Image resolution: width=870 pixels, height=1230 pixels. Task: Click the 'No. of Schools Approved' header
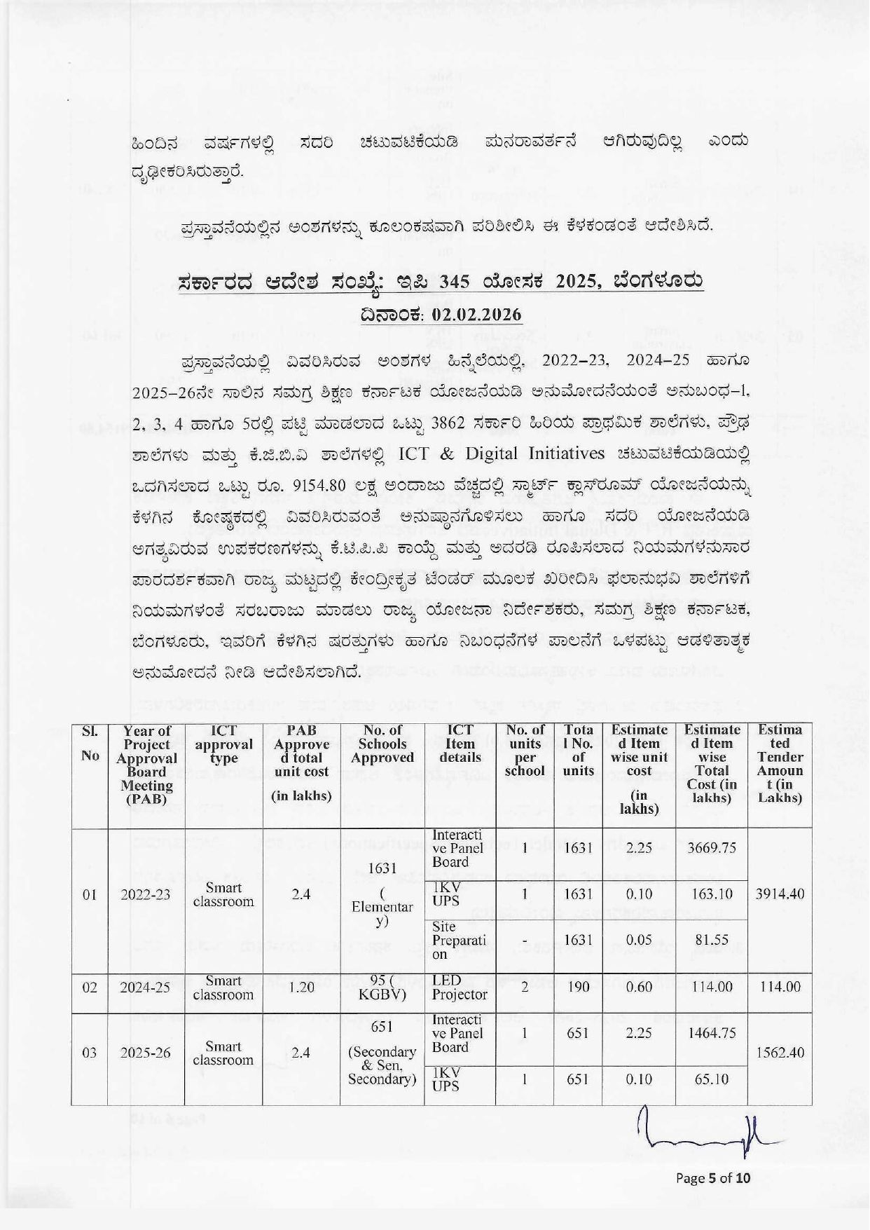pos(382,744)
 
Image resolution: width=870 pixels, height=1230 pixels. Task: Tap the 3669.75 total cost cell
pos(712,848)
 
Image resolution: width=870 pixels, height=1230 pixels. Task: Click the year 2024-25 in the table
pos(146,987)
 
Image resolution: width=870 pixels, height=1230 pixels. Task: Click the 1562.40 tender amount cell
pos(780,1053)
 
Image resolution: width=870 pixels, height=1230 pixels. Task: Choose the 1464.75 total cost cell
pos(712,1034)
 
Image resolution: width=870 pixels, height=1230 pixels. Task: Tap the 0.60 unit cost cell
pos(639,987)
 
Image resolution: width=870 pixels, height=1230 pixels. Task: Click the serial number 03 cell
pos(90,1053)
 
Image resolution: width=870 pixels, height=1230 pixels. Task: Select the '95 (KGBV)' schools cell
pos(382,987)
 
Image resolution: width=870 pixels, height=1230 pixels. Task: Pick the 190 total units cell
pos(578,987)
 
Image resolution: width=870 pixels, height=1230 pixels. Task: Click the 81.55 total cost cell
pos(712,940)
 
